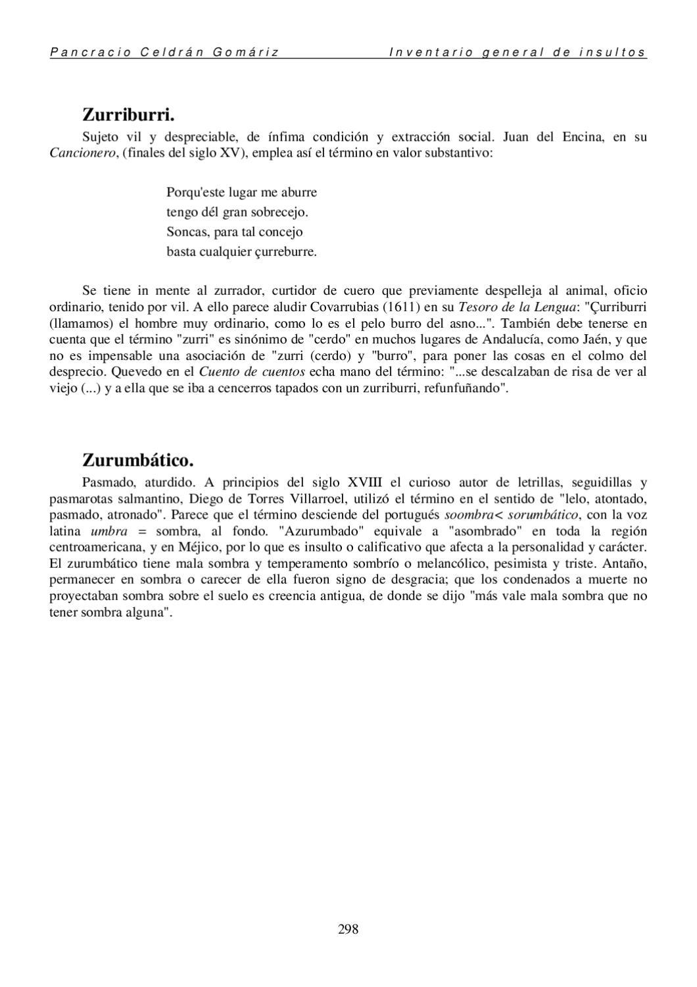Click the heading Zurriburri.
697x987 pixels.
pyautogui.click(x=128, y=115)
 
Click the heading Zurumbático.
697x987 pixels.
pyautogui.click(x=137, y=459)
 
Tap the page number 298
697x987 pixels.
pyautogui.click(x=348, y=929)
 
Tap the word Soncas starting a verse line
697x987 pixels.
pyautogui.click(x=187, y=232)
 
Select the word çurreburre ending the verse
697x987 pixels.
pyautogui.click(x=284, y=252)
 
